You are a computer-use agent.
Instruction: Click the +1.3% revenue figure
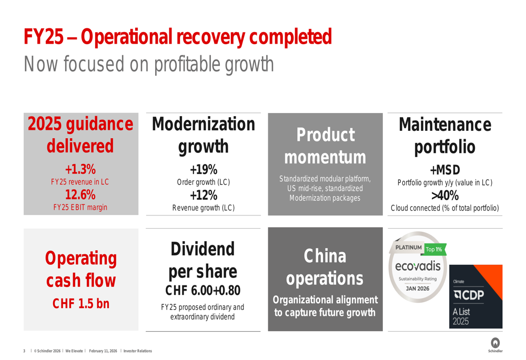coord(80,170)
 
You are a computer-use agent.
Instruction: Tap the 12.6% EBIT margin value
coord(80,195)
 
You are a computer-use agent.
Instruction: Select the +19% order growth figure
coord(203,170)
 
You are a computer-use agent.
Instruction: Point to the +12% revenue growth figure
coord(203,195)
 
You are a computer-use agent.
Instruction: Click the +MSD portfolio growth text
coord(444,170)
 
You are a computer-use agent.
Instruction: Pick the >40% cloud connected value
coord(444,196)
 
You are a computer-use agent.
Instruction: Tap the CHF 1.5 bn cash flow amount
coord(80,304)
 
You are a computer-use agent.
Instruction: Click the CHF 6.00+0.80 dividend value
coord(203,290)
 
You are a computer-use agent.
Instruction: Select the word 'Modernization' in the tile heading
coord(203,125)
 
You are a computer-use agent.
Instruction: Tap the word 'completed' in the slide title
coord(291,36)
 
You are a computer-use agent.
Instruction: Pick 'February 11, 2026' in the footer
coord(103,351)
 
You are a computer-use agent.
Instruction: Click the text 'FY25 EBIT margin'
coord(80,207)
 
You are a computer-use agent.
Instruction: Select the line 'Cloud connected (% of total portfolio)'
coord(444,208)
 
